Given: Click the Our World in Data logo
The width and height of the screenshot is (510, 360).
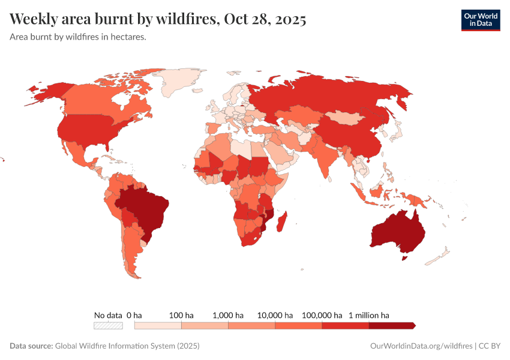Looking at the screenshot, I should tap(480, 20).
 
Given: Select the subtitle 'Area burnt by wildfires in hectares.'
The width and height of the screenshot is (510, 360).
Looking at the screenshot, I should tap(78, 37).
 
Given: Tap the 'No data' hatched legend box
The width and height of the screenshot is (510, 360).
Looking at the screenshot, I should tap(108, 325).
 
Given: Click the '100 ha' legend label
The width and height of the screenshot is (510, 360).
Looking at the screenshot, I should tap(181, 315).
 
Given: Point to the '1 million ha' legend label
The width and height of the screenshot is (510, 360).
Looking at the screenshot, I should tap(369, 315).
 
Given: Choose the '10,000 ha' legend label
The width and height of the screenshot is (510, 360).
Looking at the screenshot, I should tap(275, 315).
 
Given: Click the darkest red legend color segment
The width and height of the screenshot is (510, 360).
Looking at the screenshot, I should tap(391, 325).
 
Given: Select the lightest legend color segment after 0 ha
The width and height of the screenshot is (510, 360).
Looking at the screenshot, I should tap(158, 325).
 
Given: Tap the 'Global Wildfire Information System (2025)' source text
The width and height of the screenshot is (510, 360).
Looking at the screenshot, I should tap(127, 346).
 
